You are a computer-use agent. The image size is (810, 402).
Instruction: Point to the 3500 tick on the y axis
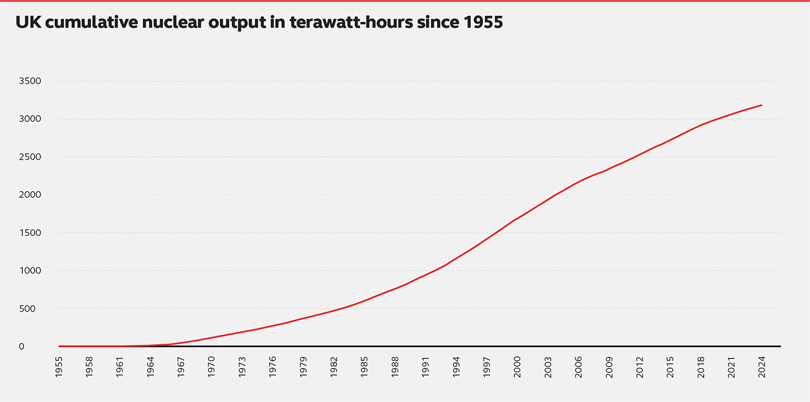30,81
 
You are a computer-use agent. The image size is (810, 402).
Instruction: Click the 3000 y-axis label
30,119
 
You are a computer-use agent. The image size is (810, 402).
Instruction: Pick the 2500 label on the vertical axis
30,157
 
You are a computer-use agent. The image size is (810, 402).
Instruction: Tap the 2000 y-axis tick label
30,195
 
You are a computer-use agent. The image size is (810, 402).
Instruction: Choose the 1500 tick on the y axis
30,233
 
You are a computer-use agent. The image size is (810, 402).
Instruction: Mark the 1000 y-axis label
30,271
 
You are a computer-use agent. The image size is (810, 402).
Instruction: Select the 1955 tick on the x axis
59,366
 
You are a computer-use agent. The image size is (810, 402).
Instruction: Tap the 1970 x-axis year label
211,366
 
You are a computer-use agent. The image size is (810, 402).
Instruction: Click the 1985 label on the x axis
364,366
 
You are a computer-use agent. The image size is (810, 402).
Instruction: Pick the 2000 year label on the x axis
517,366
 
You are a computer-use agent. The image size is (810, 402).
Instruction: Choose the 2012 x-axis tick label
640,366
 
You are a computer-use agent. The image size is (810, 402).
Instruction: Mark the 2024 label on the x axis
762,366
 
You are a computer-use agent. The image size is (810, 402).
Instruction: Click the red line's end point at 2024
761,105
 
